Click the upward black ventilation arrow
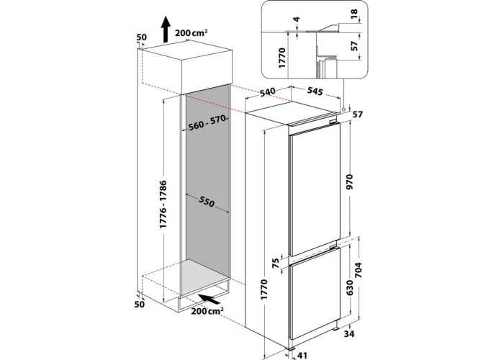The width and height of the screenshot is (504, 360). [166, 30]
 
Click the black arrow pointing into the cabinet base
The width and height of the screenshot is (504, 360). [210, 299]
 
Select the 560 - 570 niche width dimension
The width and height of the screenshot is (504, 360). [207, 123]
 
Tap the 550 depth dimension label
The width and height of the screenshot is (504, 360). [207, 202]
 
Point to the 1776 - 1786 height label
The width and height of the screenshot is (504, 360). [163, 204]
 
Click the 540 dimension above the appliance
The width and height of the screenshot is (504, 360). [267, 92]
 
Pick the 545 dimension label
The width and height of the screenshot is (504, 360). [315, 91]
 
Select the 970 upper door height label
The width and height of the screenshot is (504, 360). [349, 181]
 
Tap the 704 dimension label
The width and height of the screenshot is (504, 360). [358, 270]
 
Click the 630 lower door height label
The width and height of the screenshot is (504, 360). [349, 288]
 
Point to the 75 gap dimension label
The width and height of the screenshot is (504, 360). [276, 264]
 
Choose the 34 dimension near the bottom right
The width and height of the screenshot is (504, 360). [348, 334]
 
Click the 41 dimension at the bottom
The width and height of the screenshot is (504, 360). [302, 356]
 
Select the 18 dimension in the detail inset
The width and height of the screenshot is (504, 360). [354, 14]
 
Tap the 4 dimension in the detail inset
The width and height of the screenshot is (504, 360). [297, 19]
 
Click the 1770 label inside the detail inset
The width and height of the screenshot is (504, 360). [282, 58]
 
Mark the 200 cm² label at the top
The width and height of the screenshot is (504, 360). [192, 32]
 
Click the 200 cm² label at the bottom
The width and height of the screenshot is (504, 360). [207, 311]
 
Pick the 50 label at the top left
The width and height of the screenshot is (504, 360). [141, 37]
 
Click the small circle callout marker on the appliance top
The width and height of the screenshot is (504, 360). [344, 109]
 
